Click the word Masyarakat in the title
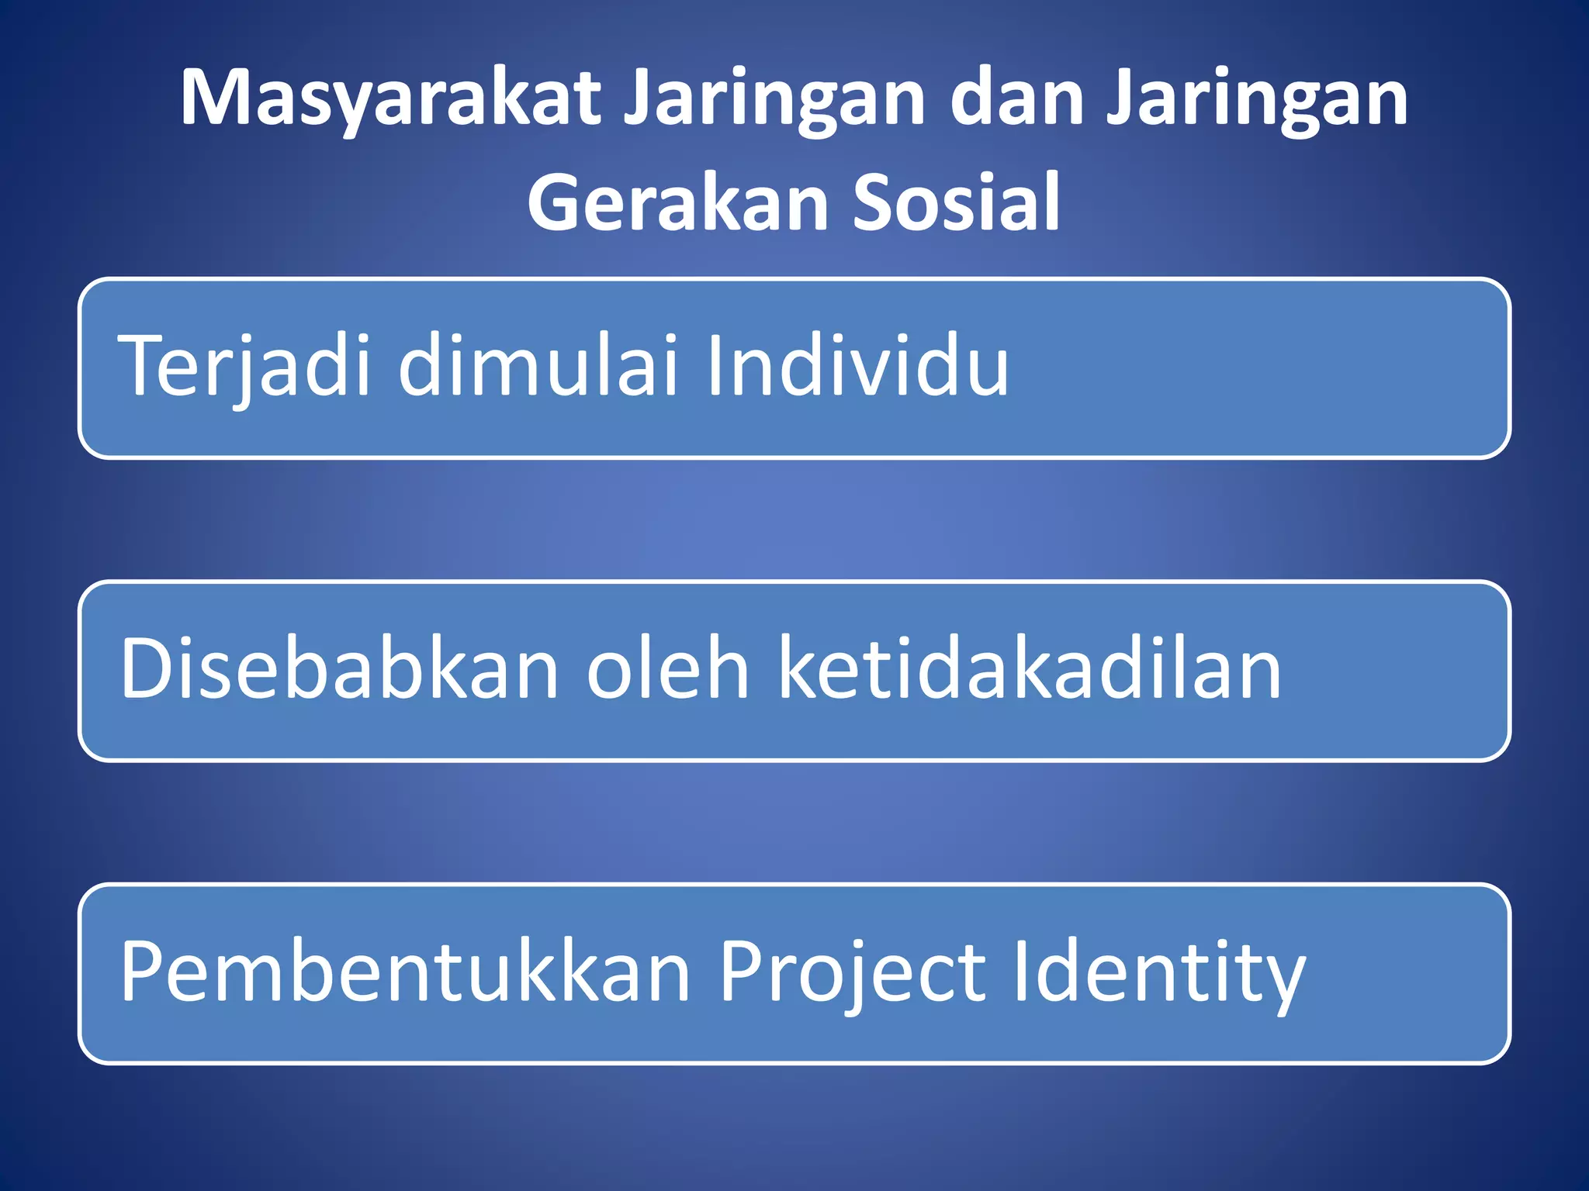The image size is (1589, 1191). pyautogui.click(x=390, y=99)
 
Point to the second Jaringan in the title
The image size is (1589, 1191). pyautogui.click(x=1257, y=99)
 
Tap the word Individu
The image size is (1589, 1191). pyautogui.click(x=857, y=364)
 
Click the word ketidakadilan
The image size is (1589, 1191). pyautogui.click(x=1030, y=668)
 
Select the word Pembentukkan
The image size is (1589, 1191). pyautogui.click(x=404, y=972)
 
